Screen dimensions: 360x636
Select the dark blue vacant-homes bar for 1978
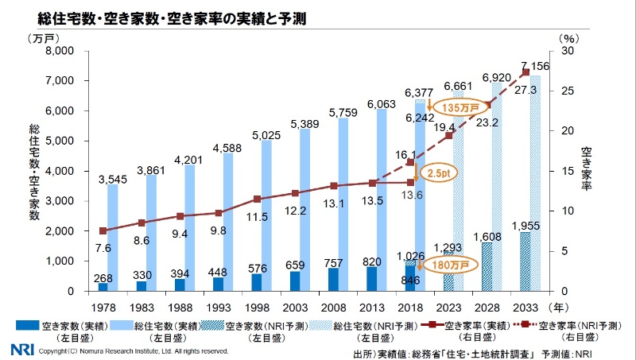[x=103, y=286]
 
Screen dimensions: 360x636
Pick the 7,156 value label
[x=534, y=64]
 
